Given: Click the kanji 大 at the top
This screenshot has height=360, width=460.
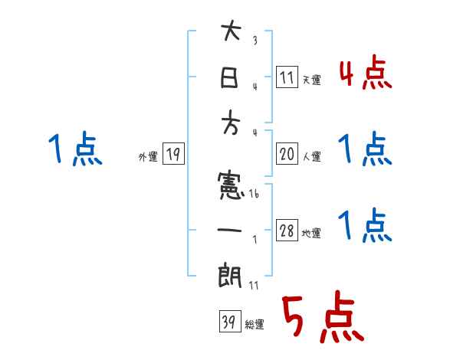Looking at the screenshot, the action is pyautogui.click(x=231, y=34).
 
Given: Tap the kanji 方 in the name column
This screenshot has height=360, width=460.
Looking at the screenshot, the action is pyautogui.click(x=230, y=126).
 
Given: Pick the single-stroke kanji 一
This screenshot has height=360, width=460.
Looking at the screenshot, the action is pyautogui.click(x=230, y=229).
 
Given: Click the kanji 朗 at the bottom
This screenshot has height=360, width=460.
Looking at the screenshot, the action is pyautogui.click(x=230, y=274).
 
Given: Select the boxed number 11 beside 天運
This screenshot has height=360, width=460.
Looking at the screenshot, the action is pyautogui.click(x=286, y=77).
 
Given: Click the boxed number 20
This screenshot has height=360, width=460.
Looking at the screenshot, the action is pyautogui.click(x=286, y=154).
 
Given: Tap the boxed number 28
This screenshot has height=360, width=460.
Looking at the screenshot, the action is pyautogui.click(x=286, y=231).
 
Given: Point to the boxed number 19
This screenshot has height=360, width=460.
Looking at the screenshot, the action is pyautogui.click(x=172, y=155).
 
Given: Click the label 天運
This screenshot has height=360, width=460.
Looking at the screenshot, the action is pyautogui.click(x=310, y=80).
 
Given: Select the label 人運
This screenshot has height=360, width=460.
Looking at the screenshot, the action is pyautogui.click(x=310, y=157).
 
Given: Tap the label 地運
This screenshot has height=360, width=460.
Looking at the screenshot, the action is pyautogui.click(x=310, y=234).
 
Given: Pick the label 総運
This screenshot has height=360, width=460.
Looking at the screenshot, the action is pyautogui.click(x=254, y=324).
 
